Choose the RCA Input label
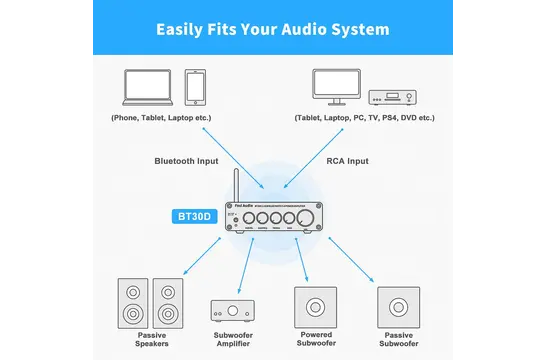pyautogui.click(x=348, y=160)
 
